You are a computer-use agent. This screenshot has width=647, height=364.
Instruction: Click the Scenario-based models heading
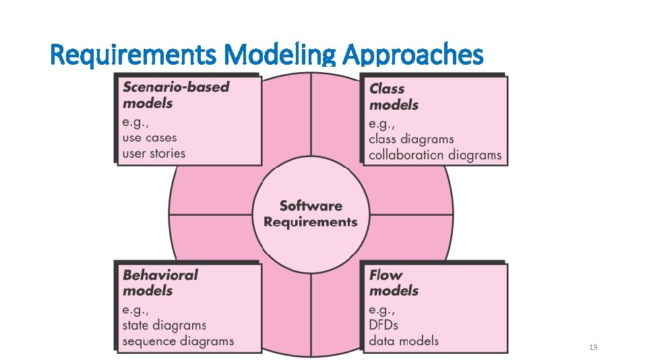point(175,95)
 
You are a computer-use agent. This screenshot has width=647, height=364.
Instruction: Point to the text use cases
point(150,138)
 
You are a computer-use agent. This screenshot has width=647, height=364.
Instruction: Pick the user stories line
point(154,153)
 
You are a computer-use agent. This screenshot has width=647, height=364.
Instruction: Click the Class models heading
point(394,96)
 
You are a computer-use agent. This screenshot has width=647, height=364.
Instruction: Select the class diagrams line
point(411,140)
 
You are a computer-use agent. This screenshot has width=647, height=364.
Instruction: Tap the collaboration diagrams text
point(435,155)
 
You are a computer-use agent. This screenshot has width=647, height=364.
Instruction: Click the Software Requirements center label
point(311,214)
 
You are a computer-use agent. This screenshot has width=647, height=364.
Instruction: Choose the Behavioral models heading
point(160,283)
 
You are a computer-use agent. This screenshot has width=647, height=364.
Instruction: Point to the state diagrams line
point(164,326)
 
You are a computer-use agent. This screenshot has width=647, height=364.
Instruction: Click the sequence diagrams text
point(178,341)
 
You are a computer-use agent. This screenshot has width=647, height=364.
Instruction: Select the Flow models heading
point(394,283)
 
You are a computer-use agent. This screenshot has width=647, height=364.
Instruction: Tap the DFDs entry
point(383,326)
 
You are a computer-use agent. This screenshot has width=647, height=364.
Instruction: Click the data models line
point(403,341)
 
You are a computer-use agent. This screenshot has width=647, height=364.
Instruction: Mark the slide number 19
point(593,347)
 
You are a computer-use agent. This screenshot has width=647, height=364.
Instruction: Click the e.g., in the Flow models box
point(382,310)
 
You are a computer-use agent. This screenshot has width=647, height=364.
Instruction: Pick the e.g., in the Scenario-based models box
point(136,122)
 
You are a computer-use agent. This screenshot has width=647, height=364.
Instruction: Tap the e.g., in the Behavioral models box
point(136,310)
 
